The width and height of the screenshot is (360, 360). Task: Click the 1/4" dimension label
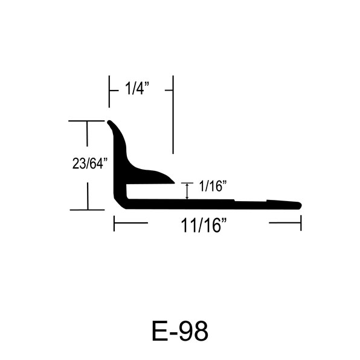coord(137,88)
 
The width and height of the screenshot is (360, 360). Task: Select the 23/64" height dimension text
coord(90,163)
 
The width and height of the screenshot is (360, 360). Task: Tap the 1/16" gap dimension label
coord(213,186)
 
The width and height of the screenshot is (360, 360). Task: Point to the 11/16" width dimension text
coord(204,225)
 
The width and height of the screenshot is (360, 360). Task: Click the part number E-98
coord(180,332)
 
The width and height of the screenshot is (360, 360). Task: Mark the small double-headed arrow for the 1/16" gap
coord(187,191)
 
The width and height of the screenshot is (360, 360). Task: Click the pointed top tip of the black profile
coord(109,121)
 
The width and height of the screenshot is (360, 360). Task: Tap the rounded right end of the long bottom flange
coord(300,205)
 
